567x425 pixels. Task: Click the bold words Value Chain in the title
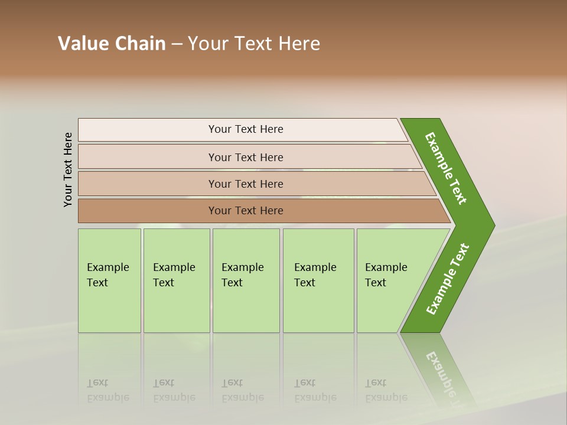112,44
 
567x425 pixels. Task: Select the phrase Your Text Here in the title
254,44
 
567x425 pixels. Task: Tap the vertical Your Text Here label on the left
68,169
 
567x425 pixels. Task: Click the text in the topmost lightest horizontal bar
246,129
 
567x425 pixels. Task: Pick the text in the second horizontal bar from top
246,158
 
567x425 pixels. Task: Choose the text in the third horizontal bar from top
246,184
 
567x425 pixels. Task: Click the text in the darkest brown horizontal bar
246,211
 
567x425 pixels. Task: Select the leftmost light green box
109,280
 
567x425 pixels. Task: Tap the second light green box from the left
177,280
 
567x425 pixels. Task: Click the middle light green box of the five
246,280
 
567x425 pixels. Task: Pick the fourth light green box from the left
318,280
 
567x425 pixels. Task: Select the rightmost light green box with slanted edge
390,280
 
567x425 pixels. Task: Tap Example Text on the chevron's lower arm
448,279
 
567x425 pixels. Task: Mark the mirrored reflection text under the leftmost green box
108,391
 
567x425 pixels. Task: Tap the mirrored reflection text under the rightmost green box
386,391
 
